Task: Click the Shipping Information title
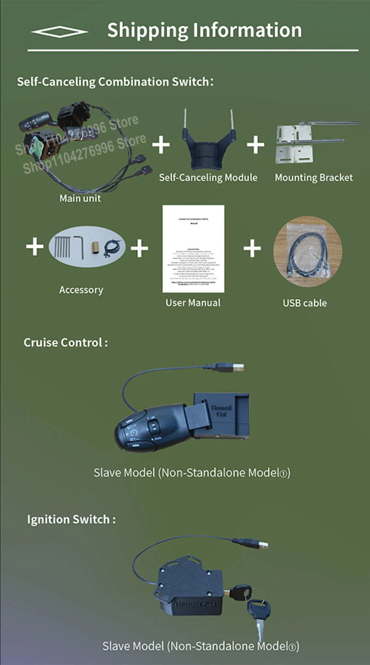204,30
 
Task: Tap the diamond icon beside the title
60,32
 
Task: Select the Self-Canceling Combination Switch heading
115,82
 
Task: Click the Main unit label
80,198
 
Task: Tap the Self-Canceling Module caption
208,178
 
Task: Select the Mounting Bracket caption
314,178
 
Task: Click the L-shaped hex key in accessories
79,247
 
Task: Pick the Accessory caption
81,290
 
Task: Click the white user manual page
193,249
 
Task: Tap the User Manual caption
193,303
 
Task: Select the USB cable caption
305,303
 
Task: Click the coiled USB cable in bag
307,252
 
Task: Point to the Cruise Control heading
65,342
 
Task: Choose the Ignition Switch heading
71,519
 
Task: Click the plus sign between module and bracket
256,144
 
